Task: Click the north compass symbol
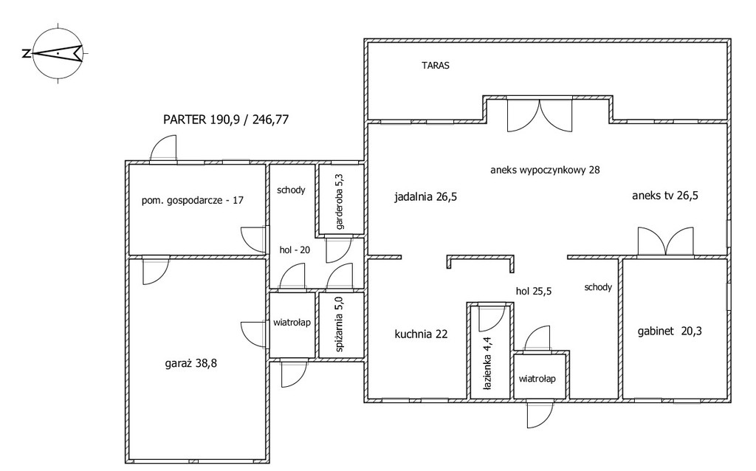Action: click(58, 53)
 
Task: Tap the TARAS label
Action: click(436, 66)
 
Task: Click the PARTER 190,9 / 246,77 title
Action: click(226, 120)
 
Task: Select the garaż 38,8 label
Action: click(191, 363)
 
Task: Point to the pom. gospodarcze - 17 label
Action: click(193, 200)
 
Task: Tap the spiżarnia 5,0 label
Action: click(340, 326)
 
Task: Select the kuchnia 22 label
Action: click(421, 334)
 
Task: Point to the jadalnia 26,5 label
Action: click(426, 196)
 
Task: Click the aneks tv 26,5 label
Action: click(665, 195)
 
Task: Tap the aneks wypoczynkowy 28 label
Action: click(545, 170)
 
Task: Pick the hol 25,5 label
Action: click(534, 291)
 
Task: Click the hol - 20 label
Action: click(295, 250)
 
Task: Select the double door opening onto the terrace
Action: click(540, 114)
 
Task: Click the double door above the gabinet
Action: click(665, 241)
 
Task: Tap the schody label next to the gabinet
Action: click(598, 287)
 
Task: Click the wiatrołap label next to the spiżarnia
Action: click(292, 323)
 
